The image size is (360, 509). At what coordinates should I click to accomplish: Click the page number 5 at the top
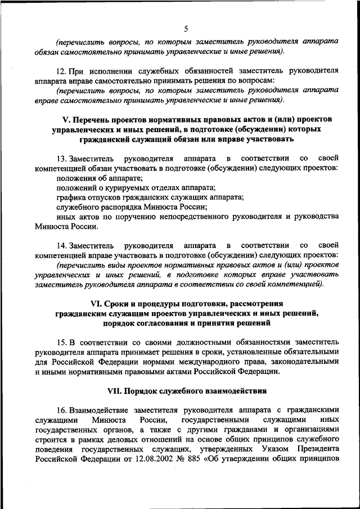[186, 29]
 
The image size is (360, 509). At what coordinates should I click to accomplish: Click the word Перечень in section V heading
[95, 120]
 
